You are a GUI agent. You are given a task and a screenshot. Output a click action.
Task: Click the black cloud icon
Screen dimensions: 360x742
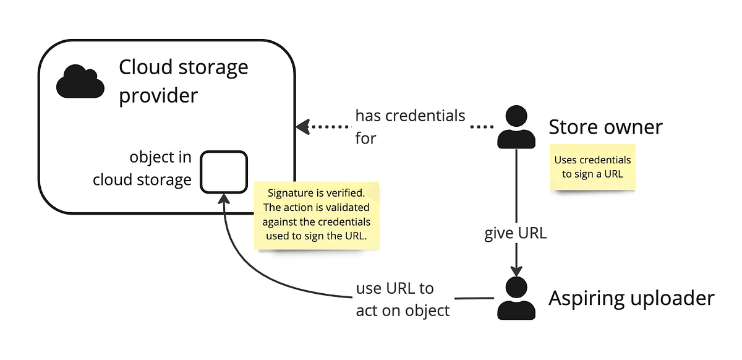(80, 82)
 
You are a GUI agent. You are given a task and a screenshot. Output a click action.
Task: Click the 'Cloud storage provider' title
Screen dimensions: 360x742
(183, 81)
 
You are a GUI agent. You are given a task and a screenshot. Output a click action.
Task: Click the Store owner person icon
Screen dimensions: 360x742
(516, 127)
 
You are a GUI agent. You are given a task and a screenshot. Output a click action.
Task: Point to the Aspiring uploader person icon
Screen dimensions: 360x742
(516, 298)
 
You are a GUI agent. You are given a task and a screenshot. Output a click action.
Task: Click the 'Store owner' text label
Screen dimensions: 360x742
(605, 127)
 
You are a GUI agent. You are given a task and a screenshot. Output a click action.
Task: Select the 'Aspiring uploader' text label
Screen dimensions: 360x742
(631, 299)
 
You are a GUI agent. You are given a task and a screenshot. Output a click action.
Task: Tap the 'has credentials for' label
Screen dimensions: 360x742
(409, 126)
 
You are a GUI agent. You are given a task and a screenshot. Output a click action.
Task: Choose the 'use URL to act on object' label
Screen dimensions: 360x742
(403, 299)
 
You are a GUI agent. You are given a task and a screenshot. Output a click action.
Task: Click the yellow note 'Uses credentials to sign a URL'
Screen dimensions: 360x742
(592, 167)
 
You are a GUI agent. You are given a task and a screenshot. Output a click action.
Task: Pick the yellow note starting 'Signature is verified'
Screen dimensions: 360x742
(316, 215)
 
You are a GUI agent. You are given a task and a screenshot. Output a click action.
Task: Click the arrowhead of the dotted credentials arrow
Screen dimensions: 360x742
(302, 127)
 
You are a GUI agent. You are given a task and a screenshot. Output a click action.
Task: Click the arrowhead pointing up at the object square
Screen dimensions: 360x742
(224, 198)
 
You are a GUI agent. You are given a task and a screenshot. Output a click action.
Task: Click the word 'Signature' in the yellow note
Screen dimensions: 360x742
(288, 192)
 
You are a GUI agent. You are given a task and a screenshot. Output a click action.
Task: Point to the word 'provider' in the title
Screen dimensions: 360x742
(158, 96)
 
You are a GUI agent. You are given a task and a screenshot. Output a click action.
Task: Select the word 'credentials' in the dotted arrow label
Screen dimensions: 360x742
(428, 116)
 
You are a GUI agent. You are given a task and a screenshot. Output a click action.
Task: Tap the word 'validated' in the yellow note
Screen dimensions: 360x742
(348, 207)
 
